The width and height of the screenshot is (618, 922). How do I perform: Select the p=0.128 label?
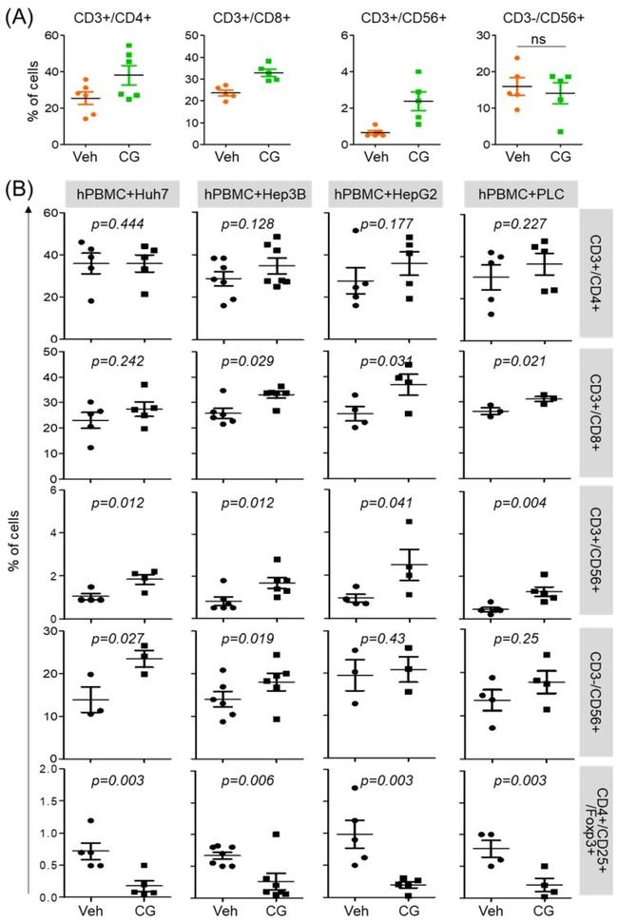(249, 221)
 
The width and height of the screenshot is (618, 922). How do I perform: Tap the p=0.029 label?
(249, 362)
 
